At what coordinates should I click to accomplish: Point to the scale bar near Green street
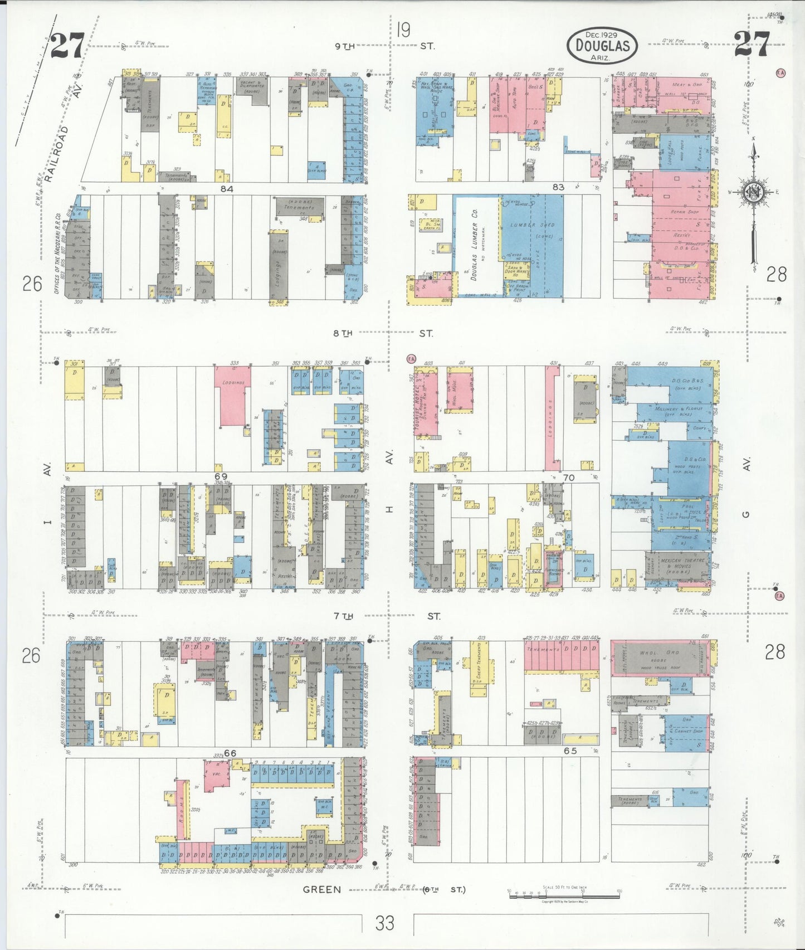(x=564, y=891)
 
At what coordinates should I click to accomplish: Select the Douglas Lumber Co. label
(x=474, y=245)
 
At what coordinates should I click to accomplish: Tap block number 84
(x=226, y=189)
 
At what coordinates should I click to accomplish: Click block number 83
(x=558, y=187)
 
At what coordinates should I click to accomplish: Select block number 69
(x=221, y=476)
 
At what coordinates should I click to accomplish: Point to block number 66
(x=230, y=753)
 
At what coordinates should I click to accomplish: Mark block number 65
(x=570, y=751)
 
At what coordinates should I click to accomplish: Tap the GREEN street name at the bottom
(x=321, y=890)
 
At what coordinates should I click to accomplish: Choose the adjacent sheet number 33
(x=384, y=923)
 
